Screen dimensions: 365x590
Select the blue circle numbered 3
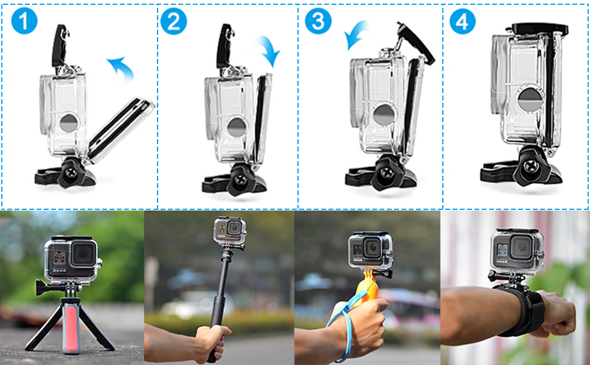(318, 21)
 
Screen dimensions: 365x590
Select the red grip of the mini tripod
(71, 322)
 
